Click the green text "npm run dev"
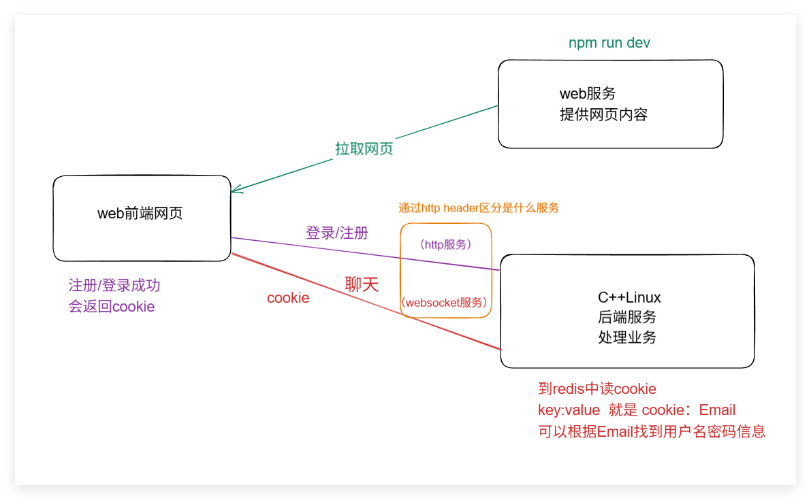pos(609,43)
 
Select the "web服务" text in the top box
pos(588,93)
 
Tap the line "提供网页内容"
pos(603,114)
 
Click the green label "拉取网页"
pos(364,149)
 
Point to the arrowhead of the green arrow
pos(234,191)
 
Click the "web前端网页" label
pos(140,214)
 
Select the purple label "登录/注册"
pos(337,233)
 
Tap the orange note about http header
pos(478,208)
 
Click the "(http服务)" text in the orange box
pos(446,244)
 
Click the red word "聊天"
pos(362,284)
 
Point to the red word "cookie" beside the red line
pos(288,298)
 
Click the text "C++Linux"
pos(629,297)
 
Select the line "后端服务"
pos(627,317)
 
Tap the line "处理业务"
pos(627,337)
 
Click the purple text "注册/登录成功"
pos(114,286)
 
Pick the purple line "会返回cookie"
pos(112,306)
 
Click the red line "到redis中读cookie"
pos(597,389)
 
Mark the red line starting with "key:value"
pos(637,410)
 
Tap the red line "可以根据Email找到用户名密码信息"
pos(652,431)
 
